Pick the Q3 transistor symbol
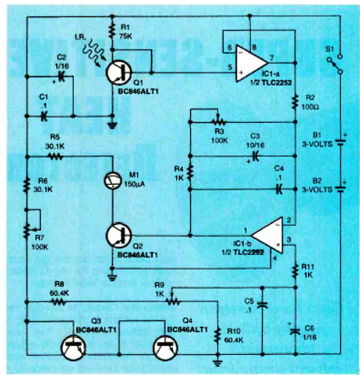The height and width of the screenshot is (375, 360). [75, 348]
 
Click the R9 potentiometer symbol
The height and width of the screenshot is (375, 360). [172, 301]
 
